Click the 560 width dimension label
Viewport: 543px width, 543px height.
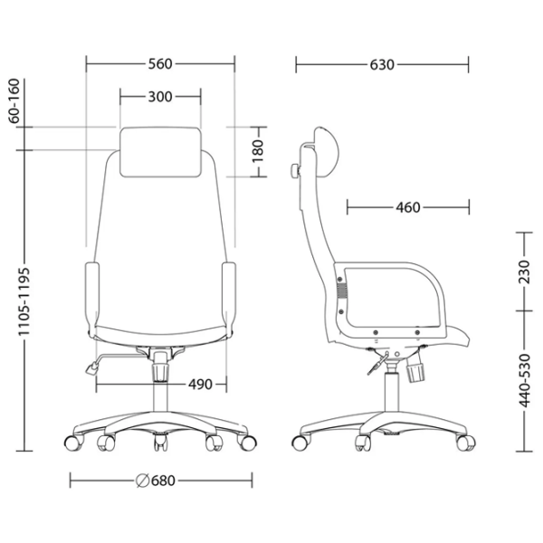[160, 64]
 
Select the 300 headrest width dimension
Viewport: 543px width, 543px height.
[160, 97]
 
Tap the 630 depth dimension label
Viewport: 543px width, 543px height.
[382, 65]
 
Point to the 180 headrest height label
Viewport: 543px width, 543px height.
[258, 151]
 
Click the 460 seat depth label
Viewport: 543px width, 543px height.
[408, 207]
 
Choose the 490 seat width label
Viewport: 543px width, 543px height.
[200, 384]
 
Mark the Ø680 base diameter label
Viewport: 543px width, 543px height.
[156, 481]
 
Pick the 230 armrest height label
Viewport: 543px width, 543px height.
[524, 272]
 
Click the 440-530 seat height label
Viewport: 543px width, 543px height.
[524, 381]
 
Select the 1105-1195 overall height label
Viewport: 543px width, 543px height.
[24, 301]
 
